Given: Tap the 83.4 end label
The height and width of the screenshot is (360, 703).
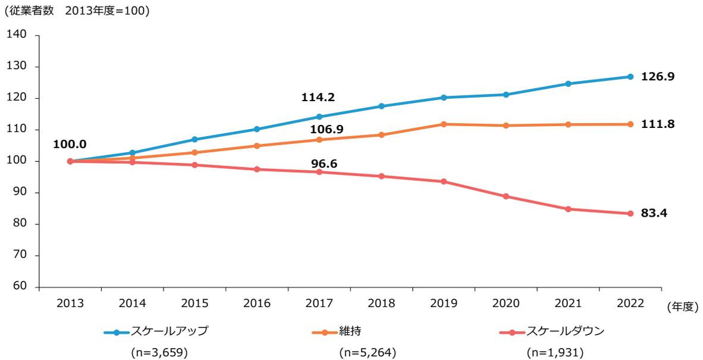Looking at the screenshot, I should [654, 213].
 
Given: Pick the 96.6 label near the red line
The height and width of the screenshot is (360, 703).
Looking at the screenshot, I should [324, 162].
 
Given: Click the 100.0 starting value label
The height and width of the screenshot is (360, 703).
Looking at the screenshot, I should [70, 145].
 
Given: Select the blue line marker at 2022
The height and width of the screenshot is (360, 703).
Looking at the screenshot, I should [630, 77].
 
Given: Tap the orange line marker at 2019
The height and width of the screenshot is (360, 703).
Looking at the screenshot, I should [444, 124].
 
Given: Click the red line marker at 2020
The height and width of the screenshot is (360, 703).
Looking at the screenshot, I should [506, 196].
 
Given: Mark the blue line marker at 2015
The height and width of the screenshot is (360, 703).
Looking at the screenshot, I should [194, 140].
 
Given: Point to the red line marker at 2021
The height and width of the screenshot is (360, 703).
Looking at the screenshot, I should [568, 209].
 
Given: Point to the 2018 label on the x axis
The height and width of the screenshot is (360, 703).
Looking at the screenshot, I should [382, 303].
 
